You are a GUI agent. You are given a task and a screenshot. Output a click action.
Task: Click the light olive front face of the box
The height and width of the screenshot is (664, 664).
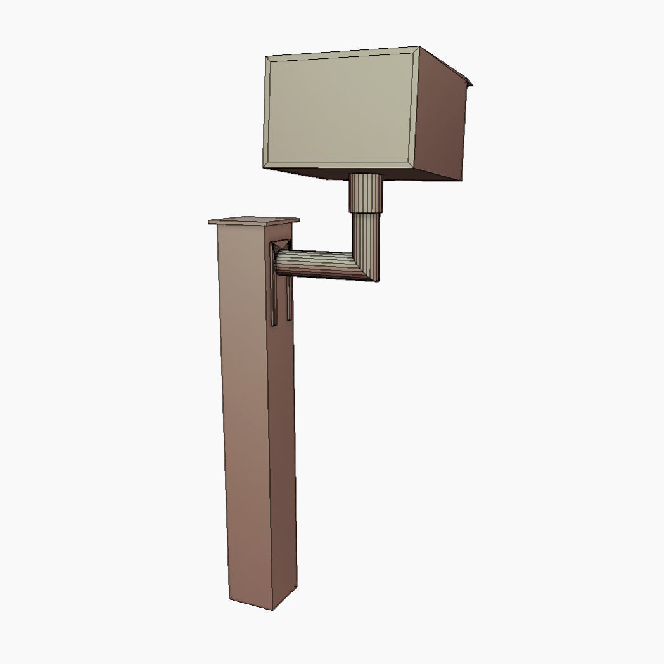(340, 112)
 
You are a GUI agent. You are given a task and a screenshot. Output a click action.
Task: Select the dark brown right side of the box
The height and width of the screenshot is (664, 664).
(444, 120)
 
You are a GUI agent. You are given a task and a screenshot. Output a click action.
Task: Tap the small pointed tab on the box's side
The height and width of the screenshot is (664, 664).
(469, 80)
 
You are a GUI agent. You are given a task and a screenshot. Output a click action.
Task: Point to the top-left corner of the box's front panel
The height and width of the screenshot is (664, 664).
(267, 57)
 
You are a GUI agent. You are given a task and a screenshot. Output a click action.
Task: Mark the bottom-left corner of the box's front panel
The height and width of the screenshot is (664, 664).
(264, 168)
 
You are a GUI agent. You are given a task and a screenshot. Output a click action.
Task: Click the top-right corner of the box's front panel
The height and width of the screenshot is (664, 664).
(419, 47)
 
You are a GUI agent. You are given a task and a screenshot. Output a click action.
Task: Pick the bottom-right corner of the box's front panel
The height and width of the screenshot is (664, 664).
(413, 170)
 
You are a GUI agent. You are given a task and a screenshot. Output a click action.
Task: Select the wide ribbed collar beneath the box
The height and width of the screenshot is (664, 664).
(367, 193)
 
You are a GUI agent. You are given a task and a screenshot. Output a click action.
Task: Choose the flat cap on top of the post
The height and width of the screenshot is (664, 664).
(253, 221)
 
